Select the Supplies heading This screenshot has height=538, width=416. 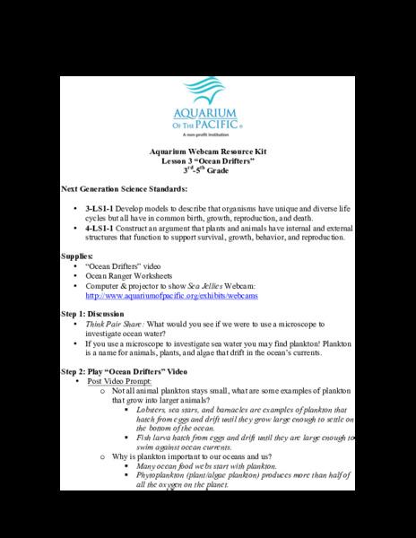pos(80,256)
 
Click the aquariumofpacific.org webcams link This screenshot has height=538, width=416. pos(171,295)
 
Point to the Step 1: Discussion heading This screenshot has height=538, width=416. pos(105,314)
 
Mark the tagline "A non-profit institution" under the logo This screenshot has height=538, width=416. pos(208,136)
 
